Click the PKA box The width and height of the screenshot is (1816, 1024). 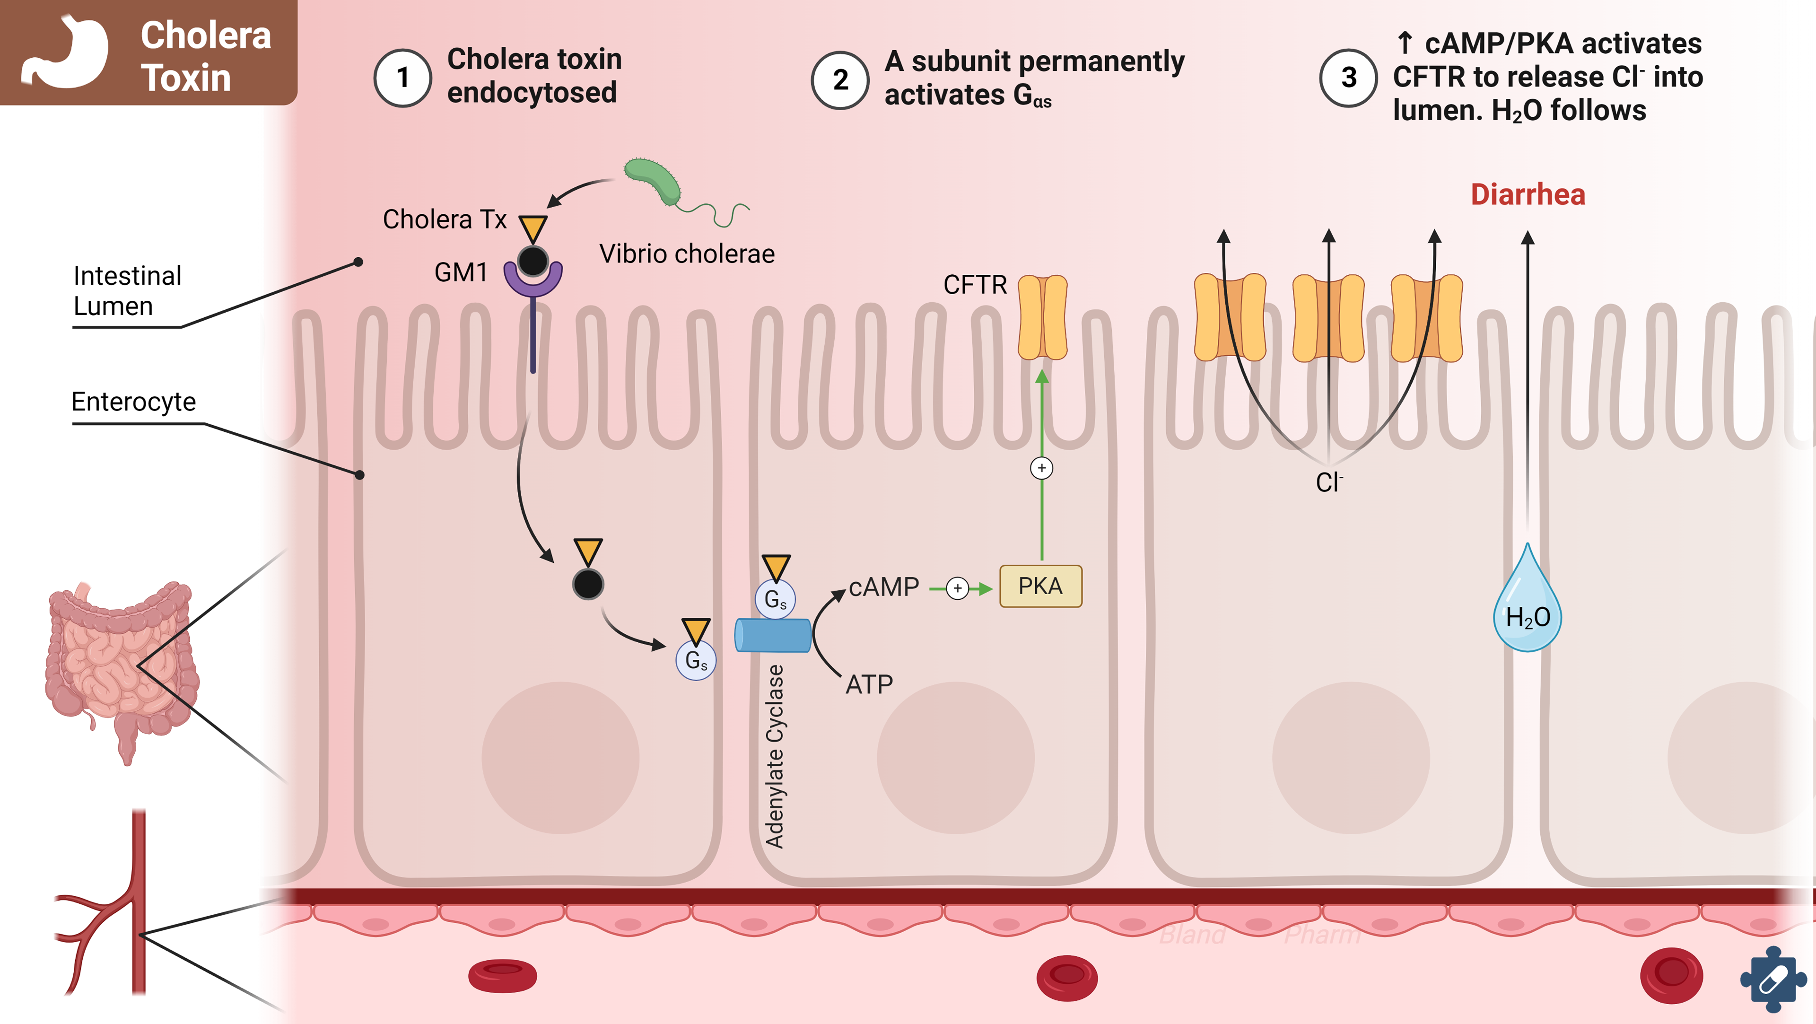pyautogui.click(x=1040, y=586)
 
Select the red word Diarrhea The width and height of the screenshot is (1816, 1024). pyautogui.click(x=1528, y=195)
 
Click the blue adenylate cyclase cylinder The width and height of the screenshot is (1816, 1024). pyautogui.click(x=773, y=635)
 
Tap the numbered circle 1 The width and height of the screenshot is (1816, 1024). pyautogui.click(x=402, y=78)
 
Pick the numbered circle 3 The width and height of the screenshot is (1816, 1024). pyautogui.click(x=1348, y=78)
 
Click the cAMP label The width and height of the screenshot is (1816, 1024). pyautogui.click(x=884, y=587)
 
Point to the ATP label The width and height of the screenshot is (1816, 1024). pyautogui.click(x=869, y=684)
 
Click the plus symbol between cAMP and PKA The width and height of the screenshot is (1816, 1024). pyautogui.click(x=957, y=588)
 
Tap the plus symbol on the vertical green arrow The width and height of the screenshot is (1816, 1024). pyautogui.click(x=1041, y=468)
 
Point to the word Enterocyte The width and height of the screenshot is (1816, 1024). pyautogui.click(x=134, y=401)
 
